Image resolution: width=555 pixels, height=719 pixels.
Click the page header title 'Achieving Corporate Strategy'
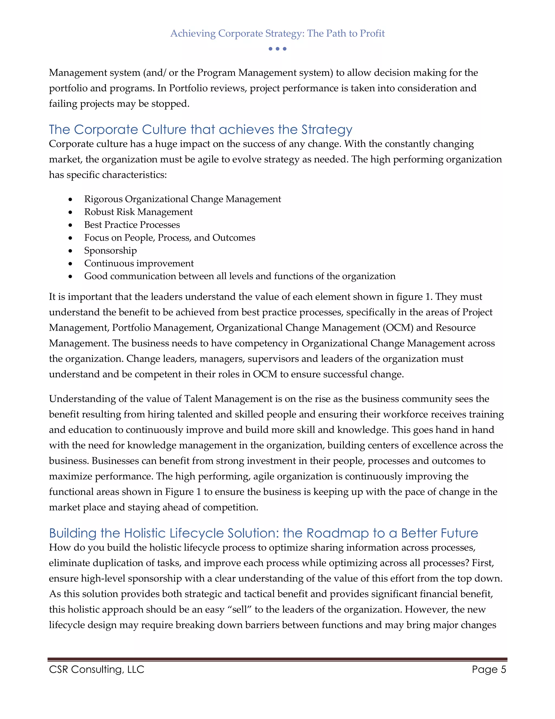[277, 33]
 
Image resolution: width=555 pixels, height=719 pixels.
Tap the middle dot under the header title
[277, 49]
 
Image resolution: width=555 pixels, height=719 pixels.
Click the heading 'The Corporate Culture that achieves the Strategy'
[201, 130]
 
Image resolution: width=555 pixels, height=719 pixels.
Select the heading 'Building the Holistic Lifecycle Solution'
[263, 533]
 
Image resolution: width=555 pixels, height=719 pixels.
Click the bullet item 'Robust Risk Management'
[138, 212]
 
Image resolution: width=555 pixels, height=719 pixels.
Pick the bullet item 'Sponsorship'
[111, 250]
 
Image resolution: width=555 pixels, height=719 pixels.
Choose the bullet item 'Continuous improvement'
[139, 263]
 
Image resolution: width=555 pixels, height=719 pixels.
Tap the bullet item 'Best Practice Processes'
[132, 225]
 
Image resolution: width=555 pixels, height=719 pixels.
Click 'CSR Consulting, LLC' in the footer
[97, 669]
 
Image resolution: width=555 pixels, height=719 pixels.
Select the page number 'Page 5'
[489, 669]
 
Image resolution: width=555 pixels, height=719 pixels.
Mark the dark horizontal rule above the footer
[277, 659]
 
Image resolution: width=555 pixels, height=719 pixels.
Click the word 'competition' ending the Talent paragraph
[230, 507]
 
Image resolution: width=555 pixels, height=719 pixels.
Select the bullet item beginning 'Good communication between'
[240, 276]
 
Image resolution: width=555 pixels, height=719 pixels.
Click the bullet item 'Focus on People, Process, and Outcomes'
[170, 238]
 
